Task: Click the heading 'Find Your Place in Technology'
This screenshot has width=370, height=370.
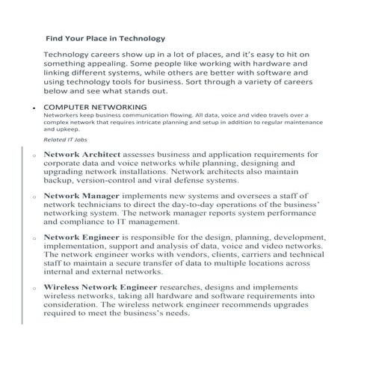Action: tap(105, 37)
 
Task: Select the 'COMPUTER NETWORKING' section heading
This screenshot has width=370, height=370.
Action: tap(95, 107)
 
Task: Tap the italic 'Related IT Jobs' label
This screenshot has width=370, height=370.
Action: tap(64, 139)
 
